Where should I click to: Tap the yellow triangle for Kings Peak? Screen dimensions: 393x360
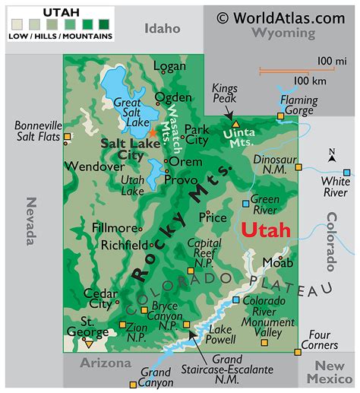click(235, 123)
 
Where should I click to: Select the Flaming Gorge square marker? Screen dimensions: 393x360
click(280, 116)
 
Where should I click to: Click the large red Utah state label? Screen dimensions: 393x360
click(265, 230)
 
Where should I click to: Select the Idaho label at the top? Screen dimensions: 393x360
click(163, 28)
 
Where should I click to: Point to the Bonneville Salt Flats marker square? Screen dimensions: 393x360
click(67, 138)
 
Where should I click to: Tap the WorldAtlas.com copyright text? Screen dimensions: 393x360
click(281, 17)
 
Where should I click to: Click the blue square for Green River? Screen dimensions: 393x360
click(245, 204)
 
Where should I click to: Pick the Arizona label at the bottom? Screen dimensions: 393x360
click(106, 363)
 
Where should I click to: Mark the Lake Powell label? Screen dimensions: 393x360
click(221, 335)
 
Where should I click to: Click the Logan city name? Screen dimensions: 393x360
click(169, 66)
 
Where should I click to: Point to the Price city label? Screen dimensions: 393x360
click(212, 217)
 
